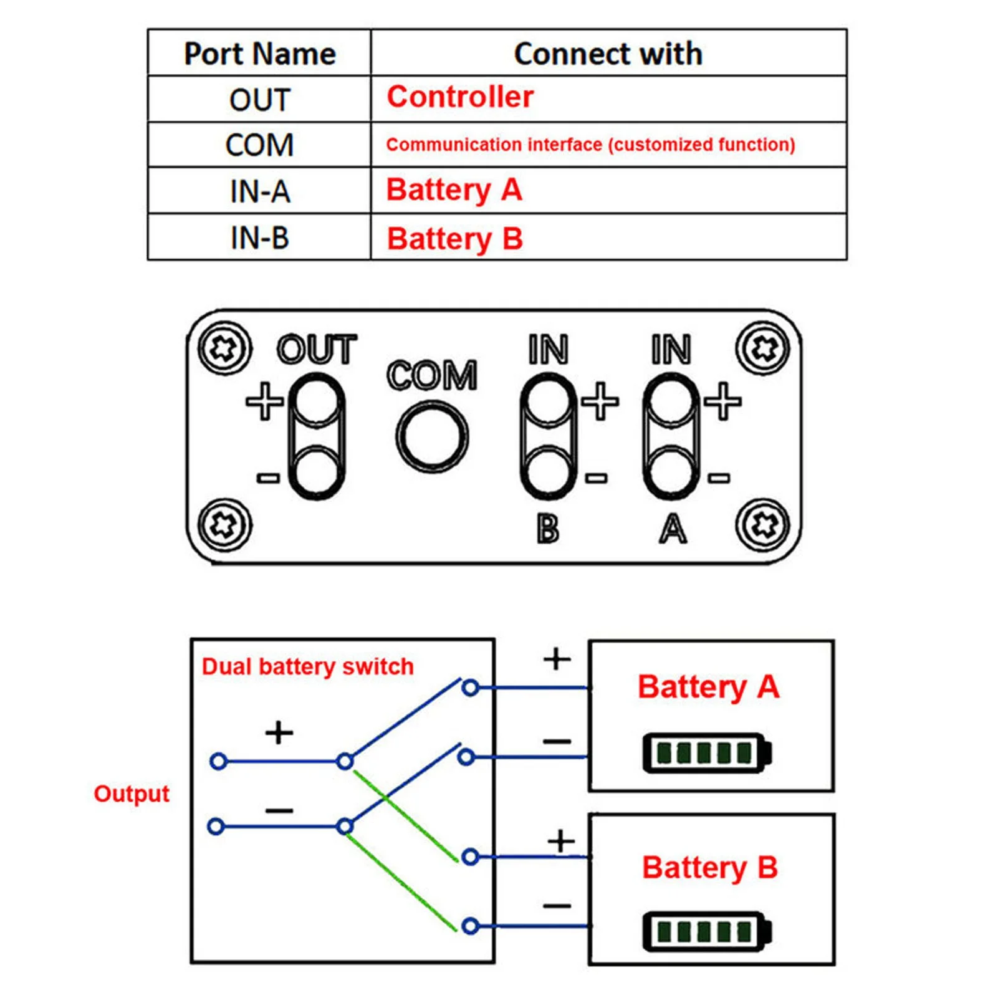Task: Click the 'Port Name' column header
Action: coord(259,54)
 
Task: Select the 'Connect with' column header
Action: coord(608,54)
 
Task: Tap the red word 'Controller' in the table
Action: coord(460,97)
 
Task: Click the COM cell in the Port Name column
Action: coord(259,145)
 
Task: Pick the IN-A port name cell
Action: coord(259,191)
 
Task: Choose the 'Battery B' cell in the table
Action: coord(455,239)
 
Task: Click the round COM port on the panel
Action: coord(432,436)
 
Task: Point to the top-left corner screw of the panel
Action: coord(224,348)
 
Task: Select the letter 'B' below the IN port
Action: coord(548,530)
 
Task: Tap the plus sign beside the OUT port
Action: coord(264,401)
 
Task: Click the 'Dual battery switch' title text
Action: coord(307,667)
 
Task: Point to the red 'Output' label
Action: coord(132,794)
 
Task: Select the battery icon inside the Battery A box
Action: coord(707,753)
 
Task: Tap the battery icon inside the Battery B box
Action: coord(707,932)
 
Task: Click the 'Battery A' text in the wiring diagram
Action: coord(708,687)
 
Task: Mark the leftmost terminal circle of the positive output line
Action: coord(218,761)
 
